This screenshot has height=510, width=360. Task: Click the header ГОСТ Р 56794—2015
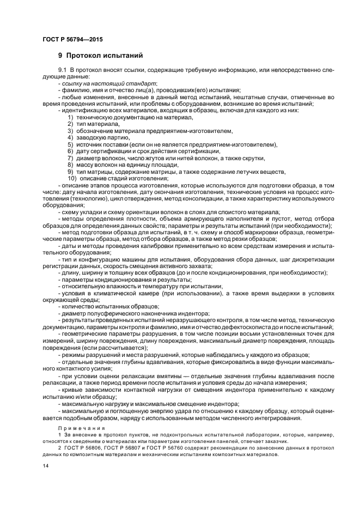[x=72, y=39]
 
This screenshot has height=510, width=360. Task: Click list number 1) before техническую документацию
[x=70, y=118]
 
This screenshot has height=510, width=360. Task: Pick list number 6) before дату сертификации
[x=70, y=151]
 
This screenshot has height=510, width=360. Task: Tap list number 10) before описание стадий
[x=71, y=178]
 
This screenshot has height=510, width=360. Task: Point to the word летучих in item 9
[x=245, y=171]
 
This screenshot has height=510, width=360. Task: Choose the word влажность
[x=113, y=286]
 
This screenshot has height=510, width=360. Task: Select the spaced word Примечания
[x=77, y=428]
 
